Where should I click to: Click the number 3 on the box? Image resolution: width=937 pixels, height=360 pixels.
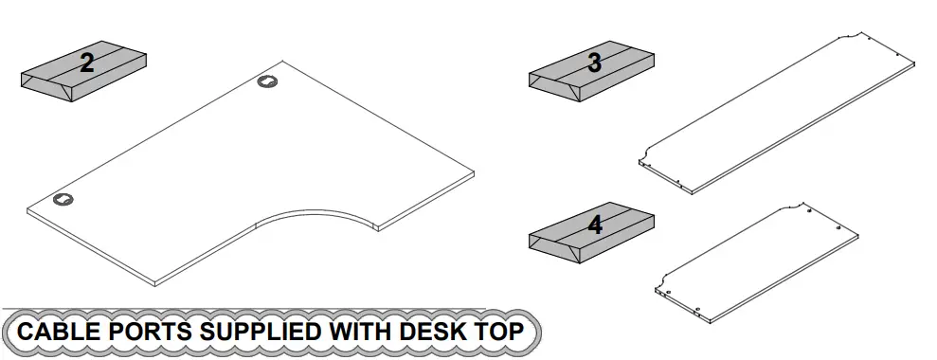[594, 63]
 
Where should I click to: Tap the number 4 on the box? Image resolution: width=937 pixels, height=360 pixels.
[595, 225]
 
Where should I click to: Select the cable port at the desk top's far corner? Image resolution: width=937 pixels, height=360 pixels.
[268, 82]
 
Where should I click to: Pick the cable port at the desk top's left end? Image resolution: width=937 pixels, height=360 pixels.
[63, 199]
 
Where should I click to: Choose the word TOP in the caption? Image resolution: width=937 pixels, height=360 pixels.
[500, 333]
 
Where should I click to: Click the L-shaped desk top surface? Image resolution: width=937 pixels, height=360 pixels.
[237, 171]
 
